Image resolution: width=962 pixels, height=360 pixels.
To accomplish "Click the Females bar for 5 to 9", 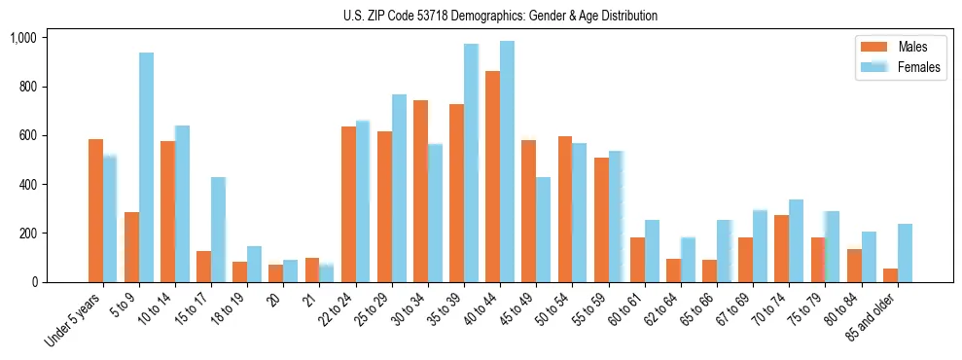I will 146,167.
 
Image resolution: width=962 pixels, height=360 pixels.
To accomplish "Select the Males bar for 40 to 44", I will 492,176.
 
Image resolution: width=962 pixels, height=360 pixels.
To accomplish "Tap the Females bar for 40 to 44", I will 507,162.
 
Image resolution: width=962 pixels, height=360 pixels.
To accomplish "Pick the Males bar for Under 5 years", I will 95,210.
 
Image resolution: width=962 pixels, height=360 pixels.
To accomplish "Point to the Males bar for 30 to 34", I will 420,191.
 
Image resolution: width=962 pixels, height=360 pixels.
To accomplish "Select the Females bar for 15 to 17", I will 218,230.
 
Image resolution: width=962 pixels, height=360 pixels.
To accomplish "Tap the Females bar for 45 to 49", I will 543,230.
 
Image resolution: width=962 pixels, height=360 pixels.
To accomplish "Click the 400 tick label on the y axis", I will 26,185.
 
